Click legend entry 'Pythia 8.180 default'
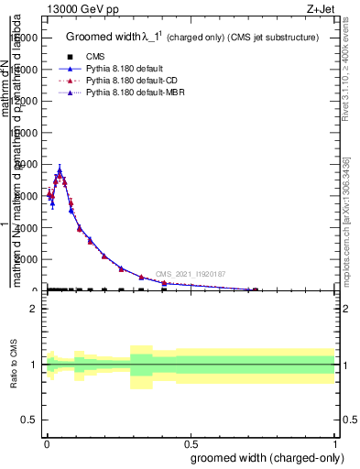point(118,69)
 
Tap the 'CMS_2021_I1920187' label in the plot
point(190,274)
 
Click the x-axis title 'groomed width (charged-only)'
point(264,456)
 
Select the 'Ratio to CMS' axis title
point(14,364)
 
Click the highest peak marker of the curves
point(60,170)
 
